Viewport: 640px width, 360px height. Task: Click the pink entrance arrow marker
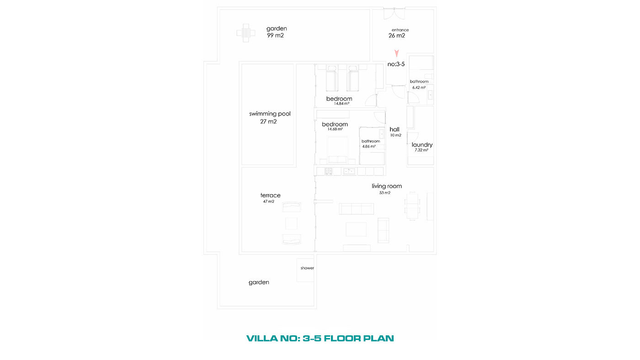[x=397, y=53]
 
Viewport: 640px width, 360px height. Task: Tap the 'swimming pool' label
[x=270, y=114]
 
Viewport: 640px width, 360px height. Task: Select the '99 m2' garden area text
[x=275, y=35]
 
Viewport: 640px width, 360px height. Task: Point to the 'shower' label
[x=307, y=268]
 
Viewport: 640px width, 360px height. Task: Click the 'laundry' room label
[x=422, y=145]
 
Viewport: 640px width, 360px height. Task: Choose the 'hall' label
[x=395, y=129]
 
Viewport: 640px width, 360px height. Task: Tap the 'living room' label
[x=387, y=186]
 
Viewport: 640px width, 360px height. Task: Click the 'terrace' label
[x=270, y=195]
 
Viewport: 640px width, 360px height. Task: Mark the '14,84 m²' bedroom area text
[x=341, y=104]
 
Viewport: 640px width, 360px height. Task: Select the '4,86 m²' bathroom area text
[x=369, y=147]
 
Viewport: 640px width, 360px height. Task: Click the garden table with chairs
[x=246, y=33]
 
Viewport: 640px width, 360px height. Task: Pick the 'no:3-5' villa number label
[x=396, y=64]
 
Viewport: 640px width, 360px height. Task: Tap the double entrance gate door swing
[x=394, y=14]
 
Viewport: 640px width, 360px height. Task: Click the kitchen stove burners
[x=329, y=171]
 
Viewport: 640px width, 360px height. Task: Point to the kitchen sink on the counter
[x=349, y=171]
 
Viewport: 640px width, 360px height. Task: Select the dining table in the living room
[x=412, y=206]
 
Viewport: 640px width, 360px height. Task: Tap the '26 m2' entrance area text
[x=397, y=36]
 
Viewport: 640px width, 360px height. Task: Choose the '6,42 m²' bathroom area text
[x=419, y=88]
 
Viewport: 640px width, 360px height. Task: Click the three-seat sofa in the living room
[x=356, y=209]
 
